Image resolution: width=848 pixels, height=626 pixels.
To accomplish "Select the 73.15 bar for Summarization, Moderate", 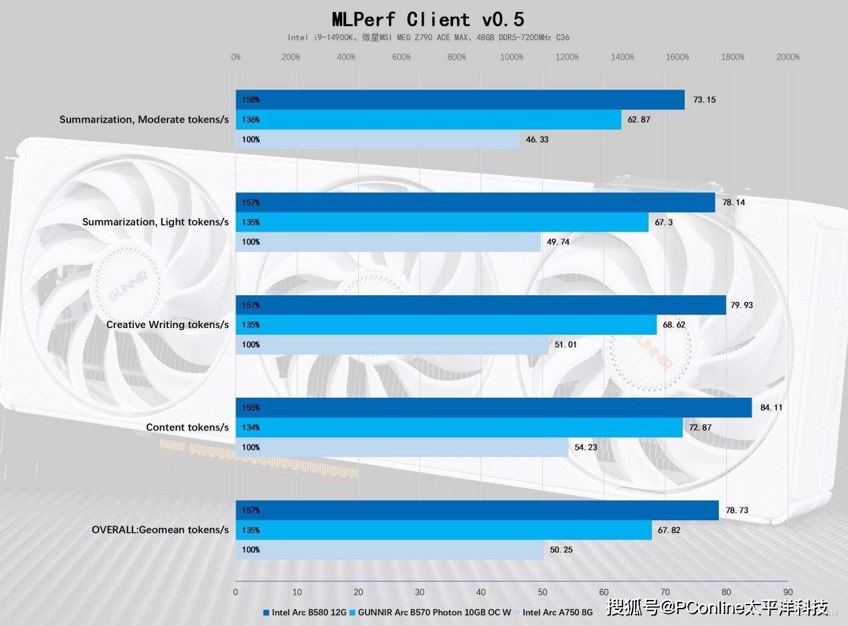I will (x=460, y=100).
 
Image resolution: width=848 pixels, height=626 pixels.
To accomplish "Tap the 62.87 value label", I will (x=639, y=120).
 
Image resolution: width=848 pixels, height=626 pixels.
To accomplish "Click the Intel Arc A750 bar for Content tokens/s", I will (x=402, y=447).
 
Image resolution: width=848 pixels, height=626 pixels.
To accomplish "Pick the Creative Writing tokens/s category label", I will (x=167, y=325).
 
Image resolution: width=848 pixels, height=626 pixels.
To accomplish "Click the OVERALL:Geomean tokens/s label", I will (x=160, y=530).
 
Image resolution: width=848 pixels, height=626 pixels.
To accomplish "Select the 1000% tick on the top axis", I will (x=512, y=57).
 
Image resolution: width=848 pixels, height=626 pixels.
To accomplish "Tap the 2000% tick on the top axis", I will (x=788, y=57).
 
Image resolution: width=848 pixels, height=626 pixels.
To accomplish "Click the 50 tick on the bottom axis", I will (x=543, y=592).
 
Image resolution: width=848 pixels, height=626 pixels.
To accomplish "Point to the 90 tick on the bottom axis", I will (x=788, y=592).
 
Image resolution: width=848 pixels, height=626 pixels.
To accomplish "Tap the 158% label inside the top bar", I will (x=251, y=100).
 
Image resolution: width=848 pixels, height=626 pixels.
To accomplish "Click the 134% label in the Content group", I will (x=251, y=428).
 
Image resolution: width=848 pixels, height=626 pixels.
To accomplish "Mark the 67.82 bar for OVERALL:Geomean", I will (x=443, y=530).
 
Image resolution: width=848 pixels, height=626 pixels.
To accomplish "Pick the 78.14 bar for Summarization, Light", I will (x=475, y=202).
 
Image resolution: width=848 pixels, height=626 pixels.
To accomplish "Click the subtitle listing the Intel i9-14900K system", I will (x=428, y=37).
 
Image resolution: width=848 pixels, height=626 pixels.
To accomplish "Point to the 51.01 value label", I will (x=566, y=345).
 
